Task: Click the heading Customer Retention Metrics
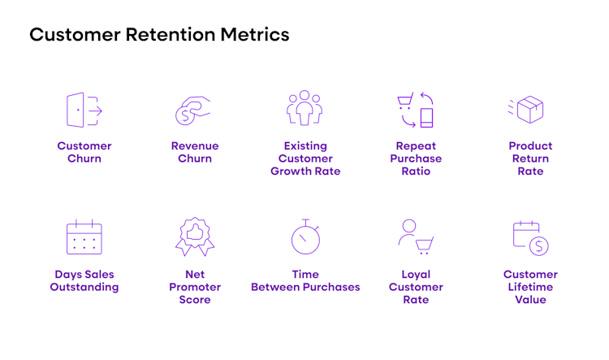[159, 35]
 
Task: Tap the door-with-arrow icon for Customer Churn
[84, 110]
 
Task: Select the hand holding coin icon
[193, 111]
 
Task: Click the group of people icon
[304, 108]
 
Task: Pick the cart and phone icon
[416, 110]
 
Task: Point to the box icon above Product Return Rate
[529, 110]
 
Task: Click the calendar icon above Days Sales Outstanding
[84, 237]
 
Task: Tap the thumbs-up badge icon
[194, 236]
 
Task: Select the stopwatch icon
[305, 237]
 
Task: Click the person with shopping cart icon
[416, 236]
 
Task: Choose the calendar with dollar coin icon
[530, 238]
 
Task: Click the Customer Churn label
[84, 152]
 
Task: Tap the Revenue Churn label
[195, 152]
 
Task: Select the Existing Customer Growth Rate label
[305, 158]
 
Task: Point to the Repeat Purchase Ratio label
[416, 158]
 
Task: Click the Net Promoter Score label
[195, 287]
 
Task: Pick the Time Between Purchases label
[305, 280]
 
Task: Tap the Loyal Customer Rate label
[416, 287]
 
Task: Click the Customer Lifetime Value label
[530, 287]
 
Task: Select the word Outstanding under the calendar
[84, 287]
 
